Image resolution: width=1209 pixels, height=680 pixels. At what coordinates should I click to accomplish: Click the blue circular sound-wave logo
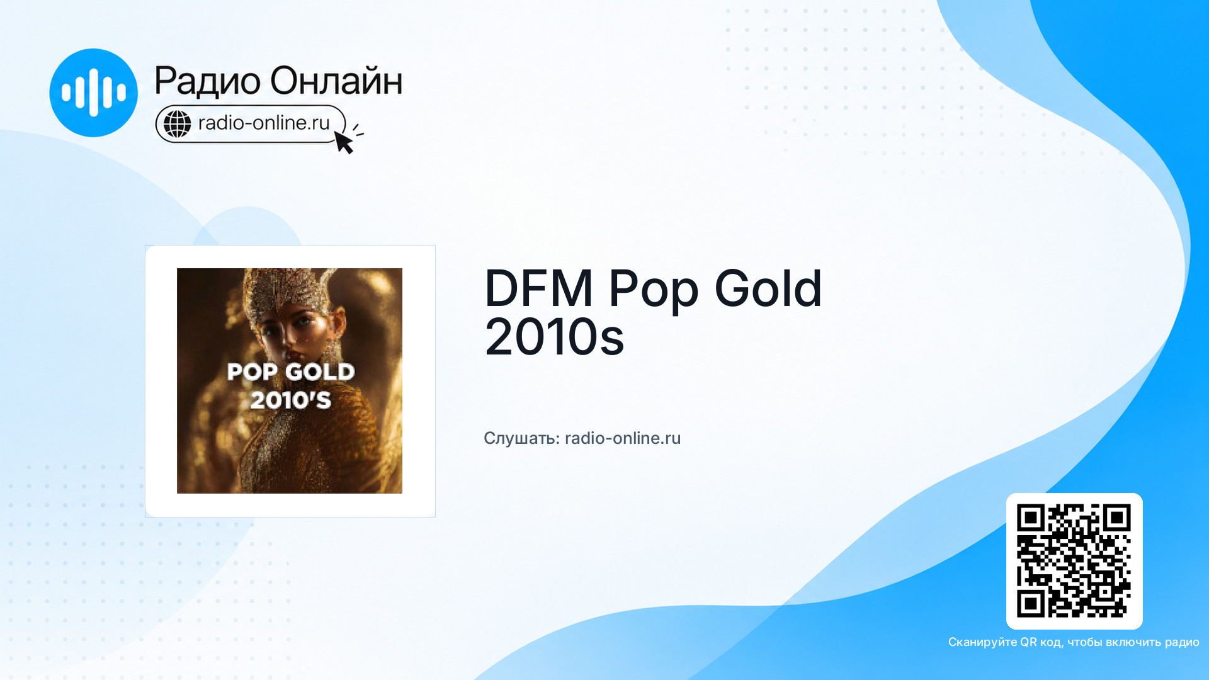click(93, 93)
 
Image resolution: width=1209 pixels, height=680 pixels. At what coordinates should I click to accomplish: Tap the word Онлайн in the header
click(336, 80)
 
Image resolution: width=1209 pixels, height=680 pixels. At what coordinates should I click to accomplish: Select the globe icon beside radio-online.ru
click(178, 123)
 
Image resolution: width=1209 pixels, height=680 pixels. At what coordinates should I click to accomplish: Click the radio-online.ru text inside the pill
click(264, 123)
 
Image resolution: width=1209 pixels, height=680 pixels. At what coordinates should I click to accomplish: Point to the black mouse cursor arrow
click(343, 142)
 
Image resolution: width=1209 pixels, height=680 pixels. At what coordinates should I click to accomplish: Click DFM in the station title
click(538, 288)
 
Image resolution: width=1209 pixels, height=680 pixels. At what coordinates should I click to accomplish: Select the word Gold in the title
click(768, 288)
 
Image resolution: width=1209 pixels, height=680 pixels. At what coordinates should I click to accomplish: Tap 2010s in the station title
click(554, 337)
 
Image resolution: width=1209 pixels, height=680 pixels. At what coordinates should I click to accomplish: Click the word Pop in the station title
click(654, 291)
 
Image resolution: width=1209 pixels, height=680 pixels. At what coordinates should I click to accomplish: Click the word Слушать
click(521, 438)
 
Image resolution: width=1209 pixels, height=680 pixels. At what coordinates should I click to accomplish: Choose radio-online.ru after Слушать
click(623, 438)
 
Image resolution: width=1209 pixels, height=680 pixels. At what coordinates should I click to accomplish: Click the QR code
click(1074, 561)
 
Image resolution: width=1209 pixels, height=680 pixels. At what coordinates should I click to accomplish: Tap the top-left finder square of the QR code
click(1031, 518)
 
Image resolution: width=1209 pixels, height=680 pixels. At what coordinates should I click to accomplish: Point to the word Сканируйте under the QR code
click(982, 642)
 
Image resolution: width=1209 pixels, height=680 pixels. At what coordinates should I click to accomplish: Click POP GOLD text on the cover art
click(291, 372)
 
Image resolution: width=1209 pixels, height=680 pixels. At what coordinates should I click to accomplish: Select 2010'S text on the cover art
click(291, 400)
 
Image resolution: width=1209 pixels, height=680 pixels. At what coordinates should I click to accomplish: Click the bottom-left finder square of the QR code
click(1031, 604)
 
